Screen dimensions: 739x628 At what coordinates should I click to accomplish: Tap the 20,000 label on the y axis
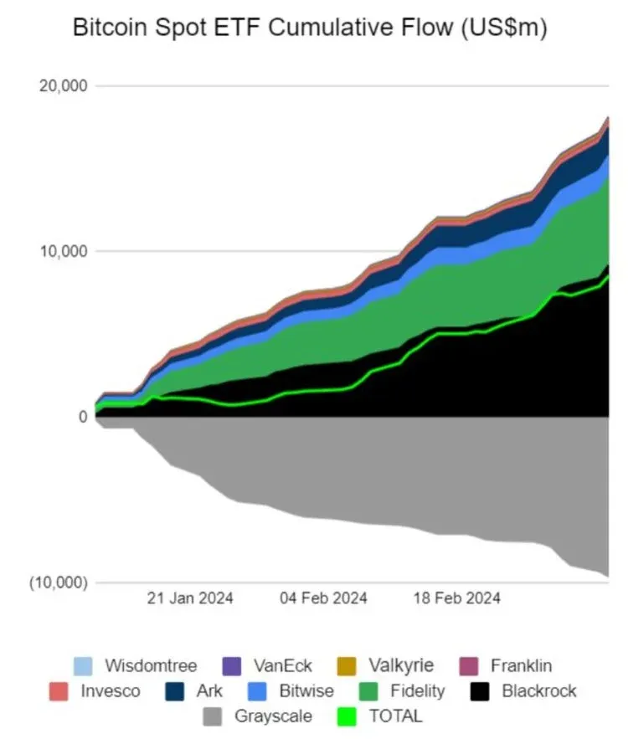63,86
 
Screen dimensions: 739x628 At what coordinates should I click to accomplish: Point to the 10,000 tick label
63,251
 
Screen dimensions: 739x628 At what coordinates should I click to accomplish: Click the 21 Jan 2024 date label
191,598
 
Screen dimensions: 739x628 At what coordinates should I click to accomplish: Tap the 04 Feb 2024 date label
324,598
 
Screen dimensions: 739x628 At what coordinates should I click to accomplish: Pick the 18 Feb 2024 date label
457,598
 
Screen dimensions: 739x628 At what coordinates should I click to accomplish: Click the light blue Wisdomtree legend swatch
83,666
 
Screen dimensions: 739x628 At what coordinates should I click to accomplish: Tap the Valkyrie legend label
401,666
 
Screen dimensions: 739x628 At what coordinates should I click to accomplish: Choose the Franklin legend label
521,666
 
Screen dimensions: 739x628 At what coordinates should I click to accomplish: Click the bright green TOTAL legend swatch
344,716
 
